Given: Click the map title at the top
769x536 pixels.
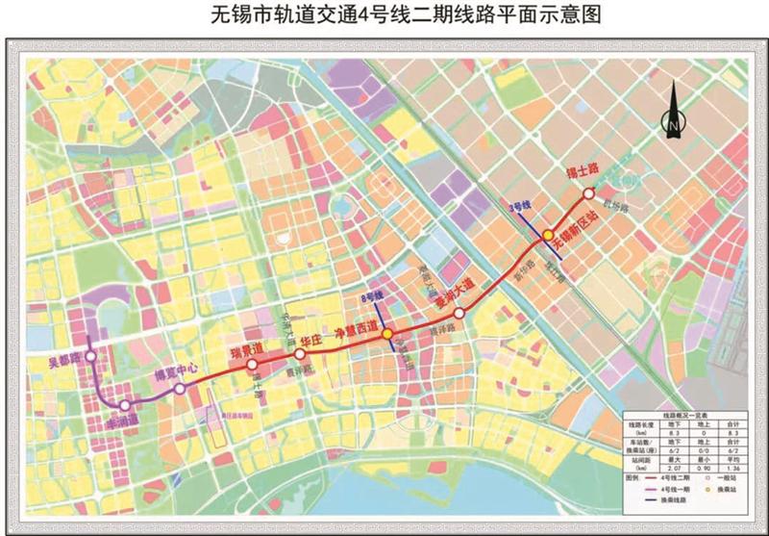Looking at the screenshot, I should [384, 13].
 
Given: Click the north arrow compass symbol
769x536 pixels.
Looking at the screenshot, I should [673, 111].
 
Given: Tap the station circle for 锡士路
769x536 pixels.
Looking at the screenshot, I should [588, 193].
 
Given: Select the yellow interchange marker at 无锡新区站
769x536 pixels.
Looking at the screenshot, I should [547, 235].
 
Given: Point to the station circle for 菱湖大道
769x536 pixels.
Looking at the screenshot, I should [459, 314].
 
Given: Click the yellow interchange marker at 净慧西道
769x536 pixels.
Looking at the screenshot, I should [387, 334].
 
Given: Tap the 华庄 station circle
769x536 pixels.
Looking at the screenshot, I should [300, 354].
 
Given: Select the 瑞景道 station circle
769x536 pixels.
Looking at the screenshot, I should [251, 365].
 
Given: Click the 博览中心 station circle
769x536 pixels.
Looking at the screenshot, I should [180, 389].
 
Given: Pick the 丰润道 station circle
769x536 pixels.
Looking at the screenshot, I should [124, 406].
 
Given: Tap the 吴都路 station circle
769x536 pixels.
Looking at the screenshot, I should [90, 356].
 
